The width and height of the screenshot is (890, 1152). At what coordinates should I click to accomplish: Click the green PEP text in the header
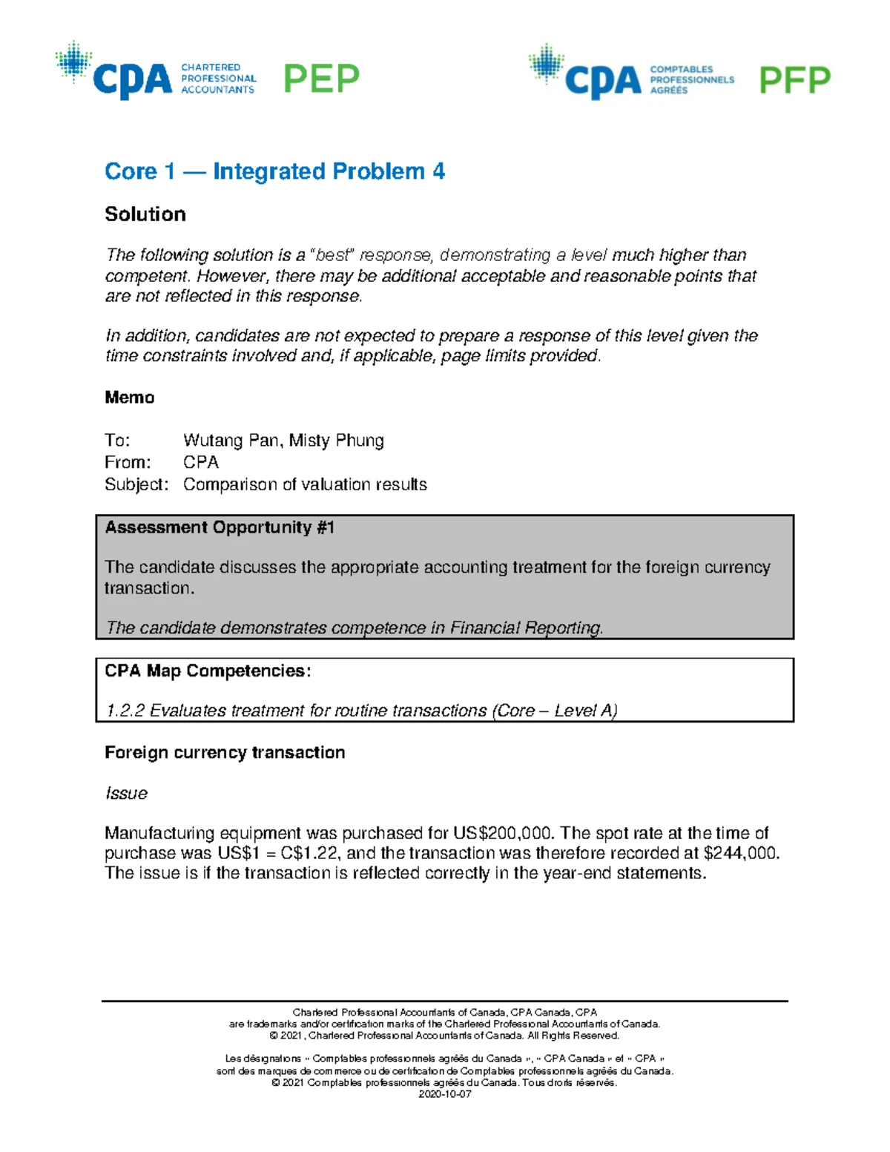click(x=321, y=79)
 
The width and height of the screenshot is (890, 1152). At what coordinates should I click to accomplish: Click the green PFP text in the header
click(x=794, y=80)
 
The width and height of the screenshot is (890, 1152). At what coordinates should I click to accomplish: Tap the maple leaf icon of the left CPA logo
click(x=73, y=61)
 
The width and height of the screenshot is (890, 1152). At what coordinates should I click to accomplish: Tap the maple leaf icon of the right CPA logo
click(x=547, y=64)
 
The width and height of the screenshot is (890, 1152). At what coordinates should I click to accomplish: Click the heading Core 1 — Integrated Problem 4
click(x=274, y=171)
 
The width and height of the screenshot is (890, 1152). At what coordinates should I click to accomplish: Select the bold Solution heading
click(x=145, y=214)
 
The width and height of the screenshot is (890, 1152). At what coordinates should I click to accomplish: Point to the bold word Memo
click(x=130, y=398)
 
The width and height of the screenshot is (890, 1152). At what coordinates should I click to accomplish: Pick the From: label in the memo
click(x=128, y=462)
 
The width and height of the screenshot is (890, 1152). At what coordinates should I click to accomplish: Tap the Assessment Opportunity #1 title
click(x=220, y=527)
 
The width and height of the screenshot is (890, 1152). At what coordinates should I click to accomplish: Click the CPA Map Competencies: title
click(x=208, y=671)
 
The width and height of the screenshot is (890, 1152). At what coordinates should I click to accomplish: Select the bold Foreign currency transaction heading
click(x=225, y=753)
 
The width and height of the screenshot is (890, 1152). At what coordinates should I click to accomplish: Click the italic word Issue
click(x=126, y=794)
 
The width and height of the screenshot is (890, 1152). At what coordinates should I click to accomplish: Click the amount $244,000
click(x=741, y=853)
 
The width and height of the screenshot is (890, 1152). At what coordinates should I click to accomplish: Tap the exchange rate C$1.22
click(x=309, y=853)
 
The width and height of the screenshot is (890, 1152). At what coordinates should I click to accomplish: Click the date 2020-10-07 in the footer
click(x=445, y=1094)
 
